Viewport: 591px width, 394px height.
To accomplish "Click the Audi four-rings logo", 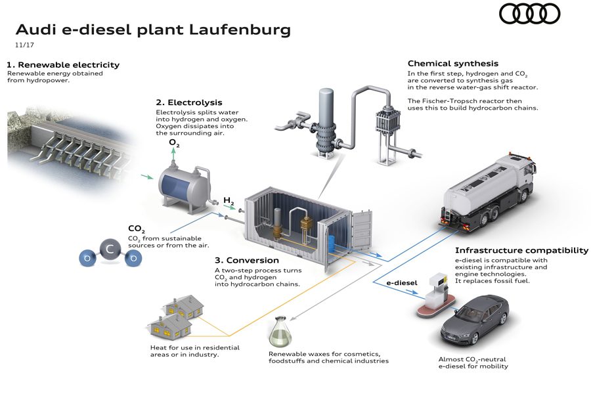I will point(530,14).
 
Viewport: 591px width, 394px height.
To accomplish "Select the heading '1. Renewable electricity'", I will point(63,65).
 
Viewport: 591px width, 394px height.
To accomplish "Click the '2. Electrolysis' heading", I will point(189,102).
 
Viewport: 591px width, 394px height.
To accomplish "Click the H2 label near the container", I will point(229,200).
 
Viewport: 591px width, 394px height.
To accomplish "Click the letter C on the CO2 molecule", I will point(110,250).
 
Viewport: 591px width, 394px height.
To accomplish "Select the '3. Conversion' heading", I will point(244,259).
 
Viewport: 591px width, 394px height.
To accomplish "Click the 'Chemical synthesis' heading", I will point(453,64).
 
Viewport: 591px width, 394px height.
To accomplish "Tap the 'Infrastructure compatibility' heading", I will point(521,250).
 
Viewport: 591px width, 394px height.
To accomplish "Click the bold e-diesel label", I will point(401,282).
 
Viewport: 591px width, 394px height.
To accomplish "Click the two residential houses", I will point(173,315).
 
